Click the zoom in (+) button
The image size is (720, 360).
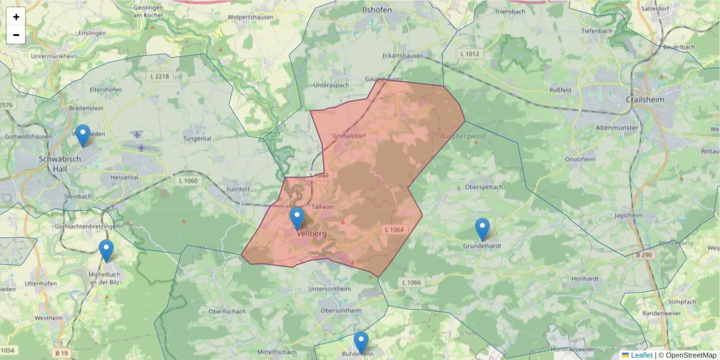(x=16, y=17)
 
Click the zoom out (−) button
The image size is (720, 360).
(x=16, y=35)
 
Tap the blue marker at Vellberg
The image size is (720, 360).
(x=297, y=219)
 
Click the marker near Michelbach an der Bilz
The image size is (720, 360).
(x=106, y=251)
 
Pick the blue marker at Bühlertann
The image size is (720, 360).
(x=361, y=343)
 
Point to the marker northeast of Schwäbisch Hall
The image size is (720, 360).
(x=83, y=136)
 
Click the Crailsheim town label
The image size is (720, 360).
(x=645, y=100)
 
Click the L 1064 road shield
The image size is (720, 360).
(x=394, y=229)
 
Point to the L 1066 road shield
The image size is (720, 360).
(x=412, y=283)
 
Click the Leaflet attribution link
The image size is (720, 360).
(x=641, y=355)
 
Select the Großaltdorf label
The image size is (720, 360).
(x=349, y=136)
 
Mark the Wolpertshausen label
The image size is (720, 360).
(x=250, y=17)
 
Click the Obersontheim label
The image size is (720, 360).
(x=341, y=310)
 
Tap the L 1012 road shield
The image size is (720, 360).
(x=471, y=54)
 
